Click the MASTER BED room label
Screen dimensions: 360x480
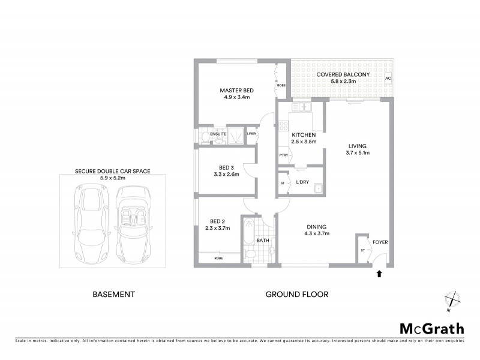(x=236, y=91)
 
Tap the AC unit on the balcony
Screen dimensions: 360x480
(x=388, y=79)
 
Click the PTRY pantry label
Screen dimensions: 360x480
(x=282, y=156)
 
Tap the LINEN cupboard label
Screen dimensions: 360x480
(x=253, y=133)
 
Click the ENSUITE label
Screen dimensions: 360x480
(x=209, y=134)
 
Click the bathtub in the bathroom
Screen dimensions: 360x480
(x=248, y=235)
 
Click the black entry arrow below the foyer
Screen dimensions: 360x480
(x=379, y=274)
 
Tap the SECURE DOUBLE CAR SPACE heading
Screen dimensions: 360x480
(x=112, y=171)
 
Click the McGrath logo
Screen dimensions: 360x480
(x=431, y=328)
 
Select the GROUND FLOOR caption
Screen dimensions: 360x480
(x=297, y=295)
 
